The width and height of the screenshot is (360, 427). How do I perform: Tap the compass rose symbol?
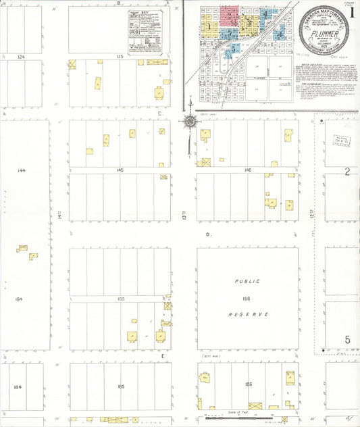pyautogui.click(x=190, y=122)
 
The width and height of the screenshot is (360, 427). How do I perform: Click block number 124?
pyautogui.click(x=21, y=57)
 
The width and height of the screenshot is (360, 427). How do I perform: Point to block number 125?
pyautogui.click(x=120, y=57)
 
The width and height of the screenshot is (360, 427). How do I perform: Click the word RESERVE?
pyautogui.click(x=248, y=315)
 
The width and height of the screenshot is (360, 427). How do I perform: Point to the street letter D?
pyautogui.click(x=209, y=234)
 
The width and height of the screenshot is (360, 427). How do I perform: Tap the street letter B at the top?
pyautogui.click(x=119, y=3)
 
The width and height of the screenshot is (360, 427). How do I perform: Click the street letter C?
pyautogui.click(x=159, y=114)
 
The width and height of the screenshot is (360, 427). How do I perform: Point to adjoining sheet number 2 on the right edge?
pyautogui.click(x=346, y=172)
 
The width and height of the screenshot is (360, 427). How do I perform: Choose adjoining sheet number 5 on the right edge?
pyautogui.click(x=347, y=339)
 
